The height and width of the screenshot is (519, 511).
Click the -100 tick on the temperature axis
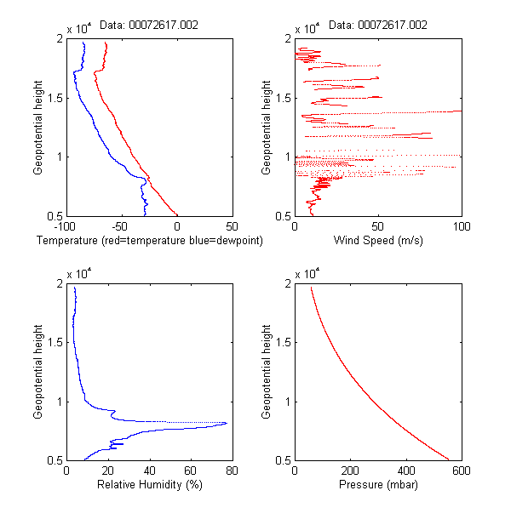click(x=66, y=226)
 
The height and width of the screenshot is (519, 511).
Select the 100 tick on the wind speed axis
click(x=461, y=226)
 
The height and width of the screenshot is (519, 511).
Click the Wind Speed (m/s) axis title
click(x=377, y=241)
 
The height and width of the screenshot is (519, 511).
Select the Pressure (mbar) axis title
click(x=377, y=485)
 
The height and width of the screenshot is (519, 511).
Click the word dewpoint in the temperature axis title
click(x=238, y=241)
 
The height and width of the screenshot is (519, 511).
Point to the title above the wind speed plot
click(x=377, y=25)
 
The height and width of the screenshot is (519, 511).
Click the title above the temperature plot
click(x=149, y=25)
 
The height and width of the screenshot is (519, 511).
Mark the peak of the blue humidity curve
click(x=227, y=423)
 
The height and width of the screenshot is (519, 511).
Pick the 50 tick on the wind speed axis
click(x=377, y=226)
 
